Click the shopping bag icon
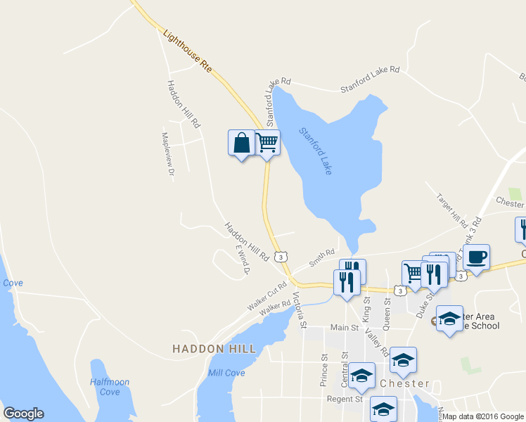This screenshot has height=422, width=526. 241,143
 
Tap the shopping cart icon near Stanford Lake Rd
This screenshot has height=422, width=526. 267,143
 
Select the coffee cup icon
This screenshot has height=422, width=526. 476,257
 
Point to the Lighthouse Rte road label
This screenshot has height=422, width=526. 187,52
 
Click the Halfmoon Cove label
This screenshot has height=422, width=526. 110,387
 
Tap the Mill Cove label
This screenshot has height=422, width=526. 226,373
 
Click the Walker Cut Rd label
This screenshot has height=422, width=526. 267,298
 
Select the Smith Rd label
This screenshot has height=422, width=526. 323,257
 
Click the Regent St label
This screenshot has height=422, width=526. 344,399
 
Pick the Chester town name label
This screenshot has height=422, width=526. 404,384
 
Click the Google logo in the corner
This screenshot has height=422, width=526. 23,414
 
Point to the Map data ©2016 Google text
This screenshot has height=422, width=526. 484,416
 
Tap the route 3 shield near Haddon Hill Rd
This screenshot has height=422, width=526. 281,257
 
